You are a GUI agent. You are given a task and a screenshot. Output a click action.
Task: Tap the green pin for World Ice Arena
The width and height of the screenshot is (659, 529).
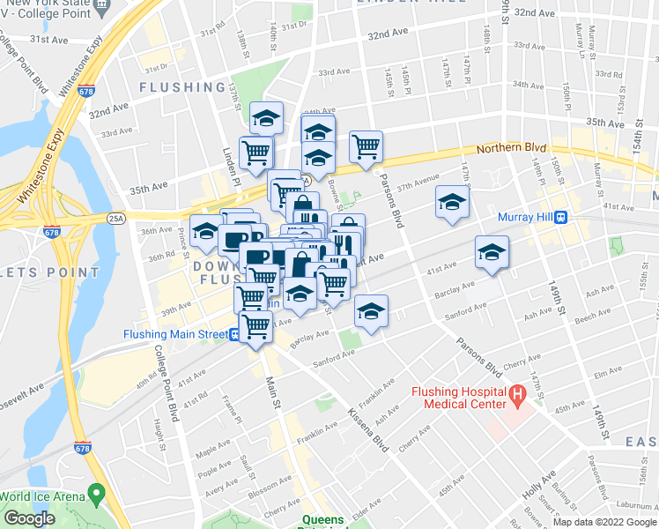click(96, 493)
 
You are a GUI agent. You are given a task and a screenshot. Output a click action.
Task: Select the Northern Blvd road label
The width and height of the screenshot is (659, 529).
click(512, 149)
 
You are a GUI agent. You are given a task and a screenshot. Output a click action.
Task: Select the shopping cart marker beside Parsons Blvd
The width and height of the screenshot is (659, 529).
click(366, 146)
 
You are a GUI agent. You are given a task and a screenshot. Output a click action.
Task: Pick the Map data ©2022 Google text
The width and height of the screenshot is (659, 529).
click(603, 522)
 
